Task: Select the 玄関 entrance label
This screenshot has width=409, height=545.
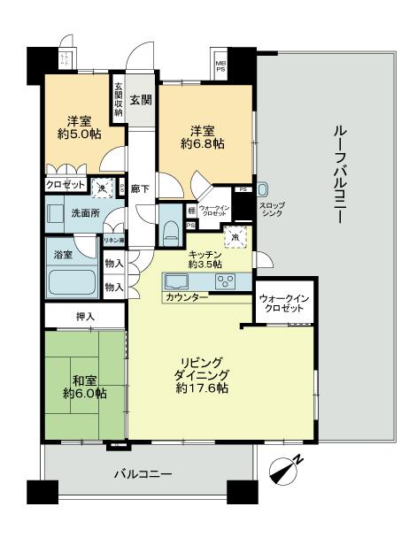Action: tap(141, 97)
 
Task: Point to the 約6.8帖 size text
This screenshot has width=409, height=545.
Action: tap(201, 142)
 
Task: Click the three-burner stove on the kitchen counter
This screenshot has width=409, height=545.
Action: tap(225, 282)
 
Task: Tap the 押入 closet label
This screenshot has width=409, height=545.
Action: tap(86, 316)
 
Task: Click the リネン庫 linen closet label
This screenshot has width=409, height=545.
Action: tap(113, 241)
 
